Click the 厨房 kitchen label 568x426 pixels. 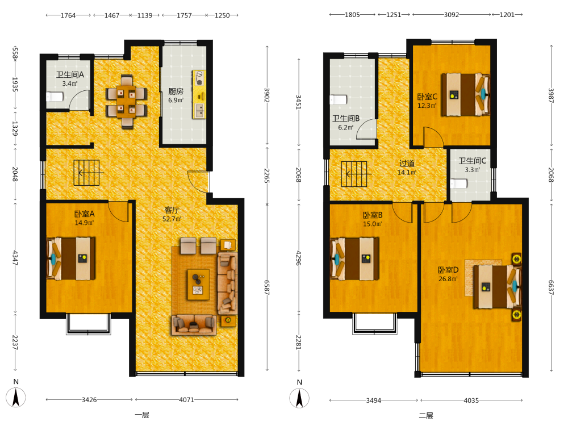pyautogui.click(x=176, y=91)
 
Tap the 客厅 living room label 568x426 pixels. pyautogui.click(x=172, y=210)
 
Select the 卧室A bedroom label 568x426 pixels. pyautogui.click(x=85, y=214)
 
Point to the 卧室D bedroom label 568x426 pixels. pyautogui.click(x=448, y=270)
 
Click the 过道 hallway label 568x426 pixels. pyautogui.click(x=407, y=164)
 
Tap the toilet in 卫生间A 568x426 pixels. pyautogui.click(x=55, y=97)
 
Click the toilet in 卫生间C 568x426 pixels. pyautogui.click(x=458, y=183)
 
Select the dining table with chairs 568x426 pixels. pyautogui.click(x=127, y=102)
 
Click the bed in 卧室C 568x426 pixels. pyautogui.click(x=465, y=94)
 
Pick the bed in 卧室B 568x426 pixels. pyautogui.click(x=354, y=258)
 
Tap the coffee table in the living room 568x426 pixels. pyautogui.click(x=198, y=285)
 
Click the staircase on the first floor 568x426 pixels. pyautogui.click(x=86, y=173)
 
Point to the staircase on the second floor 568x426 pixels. pyautogui.click(x=354, y=174)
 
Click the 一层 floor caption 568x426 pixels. pyautogui.click(x=142, y=415)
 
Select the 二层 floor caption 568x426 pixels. pyautogui.click(x=426, y=416)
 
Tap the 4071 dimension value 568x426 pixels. pyautogui.click(x=186, y=399)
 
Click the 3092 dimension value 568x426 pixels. pyautogui.click(x=452, y=15)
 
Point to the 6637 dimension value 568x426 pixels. pyautogui.click(x=551, y=287)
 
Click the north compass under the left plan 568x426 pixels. pyautogui.click(x=15, y=398)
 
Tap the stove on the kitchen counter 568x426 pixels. pyautogui.click(x=199, y=78)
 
